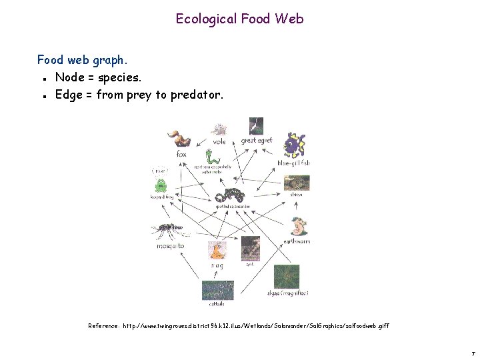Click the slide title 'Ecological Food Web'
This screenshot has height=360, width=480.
pos(239,19)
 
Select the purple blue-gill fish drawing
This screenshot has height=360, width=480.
pos(295,145)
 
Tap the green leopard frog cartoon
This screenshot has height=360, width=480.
pos(161,185)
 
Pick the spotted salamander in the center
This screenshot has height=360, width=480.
pos(233,195)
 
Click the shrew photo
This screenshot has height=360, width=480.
pos(296,183)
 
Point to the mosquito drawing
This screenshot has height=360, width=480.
pos(170,231)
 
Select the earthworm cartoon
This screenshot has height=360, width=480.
pos(299,227)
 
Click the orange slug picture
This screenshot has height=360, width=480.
pos(217,251)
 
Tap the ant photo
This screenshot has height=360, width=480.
pos(250,248)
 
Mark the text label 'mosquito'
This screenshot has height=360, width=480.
pos(171,246)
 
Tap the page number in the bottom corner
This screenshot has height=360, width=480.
pos(472,351)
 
